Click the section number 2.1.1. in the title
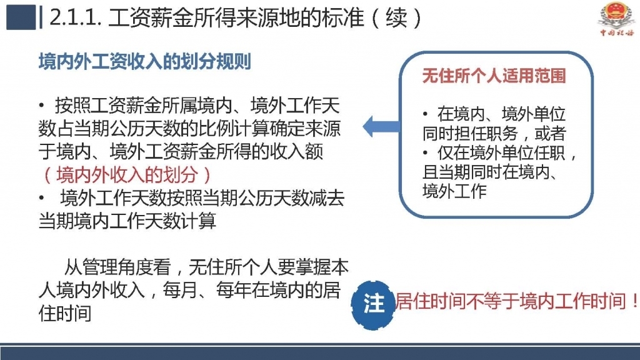76,18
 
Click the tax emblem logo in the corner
616,19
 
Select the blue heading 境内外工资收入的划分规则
145,62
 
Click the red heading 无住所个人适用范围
494,76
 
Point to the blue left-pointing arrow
381,126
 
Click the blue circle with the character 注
373,304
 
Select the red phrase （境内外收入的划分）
127,175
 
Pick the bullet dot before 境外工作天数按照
42,198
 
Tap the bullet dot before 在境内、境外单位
425,114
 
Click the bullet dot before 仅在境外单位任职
425,152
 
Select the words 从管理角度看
117,267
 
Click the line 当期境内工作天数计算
127,221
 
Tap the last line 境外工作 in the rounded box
454,191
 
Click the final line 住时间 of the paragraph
65,314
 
